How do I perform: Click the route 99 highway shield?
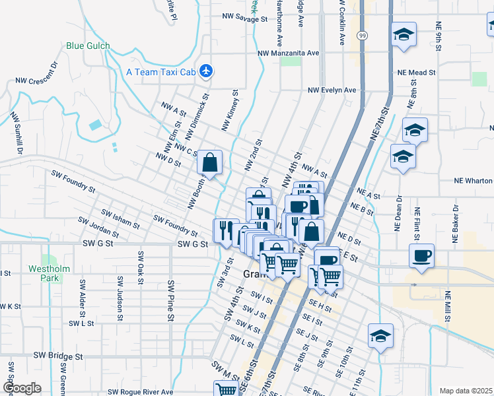click(363, 34)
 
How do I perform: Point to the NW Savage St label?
click(244, 19)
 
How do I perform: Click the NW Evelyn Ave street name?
click(332, 90)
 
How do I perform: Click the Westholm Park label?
click(45, 273)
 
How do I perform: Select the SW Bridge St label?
click(61, 356)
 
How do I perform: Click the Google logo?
click(22, 388)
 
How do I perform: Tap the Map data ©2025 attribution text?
click(466, 391)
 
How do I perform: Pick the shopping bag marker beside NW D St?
click(209, 162)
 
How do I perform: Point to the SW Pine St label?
click(171, 292)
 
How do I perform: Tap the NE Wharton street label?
click(473, 180)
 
